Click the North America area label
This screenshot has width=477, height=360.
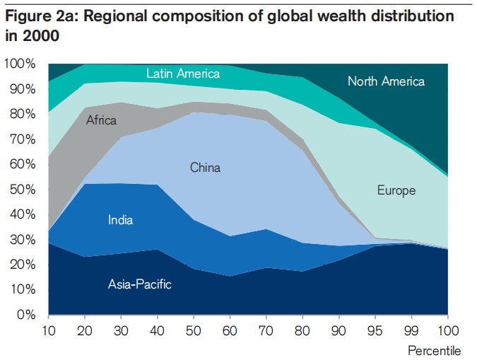[386, 81]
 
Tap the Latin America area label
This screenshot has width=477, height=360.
[183, 73]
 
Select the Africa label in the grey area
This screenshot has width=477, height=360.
[101, 120]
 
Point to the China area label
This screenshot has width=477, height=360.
[205, 168]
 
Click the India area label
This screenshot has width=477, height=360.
[120, 220]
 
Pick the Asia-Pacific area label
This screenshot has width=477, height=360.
[140, 284]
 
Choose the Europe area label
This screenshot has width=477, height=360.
[396, 190]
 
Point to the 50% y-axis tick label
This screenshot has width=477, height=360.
[23, 190]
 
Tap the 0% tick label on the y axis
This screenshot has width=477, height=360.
[26, 315]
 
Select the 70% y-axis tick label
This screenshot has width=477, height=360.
[23, 139]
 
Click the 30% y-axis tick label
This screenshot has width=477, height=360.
[23, 240]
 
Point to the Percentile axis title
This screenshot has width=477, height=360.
[434, 350]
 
